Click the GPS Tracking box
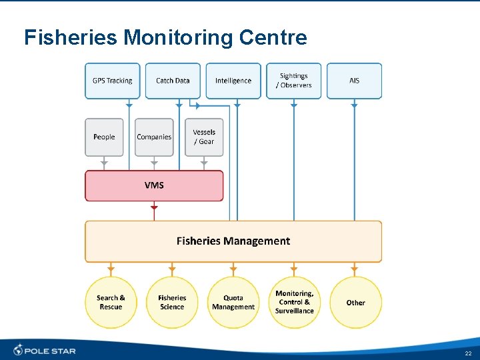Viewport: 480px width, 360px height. [x=113, y=81]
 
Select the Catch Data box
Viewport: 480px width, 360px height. [x=173, y=81]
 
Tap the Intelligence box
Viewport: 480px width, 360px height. [x=233, y=81]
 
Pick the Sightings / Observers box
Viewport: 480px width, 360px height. [x=293, y=81]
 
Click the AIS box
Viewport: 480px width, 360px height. [x=354, y=81]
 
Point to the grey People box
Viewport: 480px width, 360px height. [x=104, y=137]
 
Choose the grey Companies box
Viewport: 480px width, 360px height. [x=154, y=137]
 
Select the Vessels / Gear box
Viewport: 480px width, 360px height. [x=204, y=137]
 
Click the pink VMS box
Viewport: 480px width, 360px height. [x=154, y=185]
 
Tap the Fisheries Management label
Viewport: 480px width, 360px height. [x=233, y=241]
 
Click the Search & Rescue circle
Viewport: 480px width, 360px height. [x=111, y=303]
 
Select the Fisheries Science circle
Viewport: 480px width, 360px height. [x=172, y=303]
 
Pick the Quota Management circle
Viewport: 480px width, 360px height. [x=233, y=303]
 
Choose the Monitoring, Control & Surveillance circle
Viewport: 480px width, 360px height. [x=294, y=303]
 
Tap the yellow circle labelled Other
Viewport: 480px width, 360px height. [x=355, y=303]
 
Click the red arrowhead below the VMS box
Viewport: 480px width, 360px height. [x=154, y=208]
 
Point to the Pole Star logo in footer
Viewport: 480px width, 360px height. [x=45, y=350]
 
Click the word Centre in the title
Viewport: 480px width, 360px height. [x=272, y=37]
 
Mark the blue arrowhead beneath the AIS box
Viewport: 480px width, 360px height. [x=354, y=105]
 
